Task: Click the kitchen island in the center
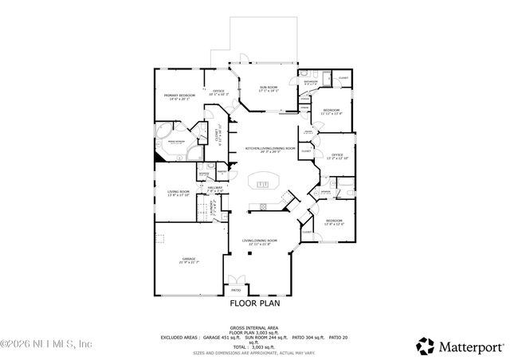pyautogui.click(x=264, y=183)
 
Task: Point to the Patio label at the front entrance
pyautogui.click(x=235, y=291)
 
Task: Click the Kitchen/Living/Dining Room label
pyautogui.click(x=270, y=149)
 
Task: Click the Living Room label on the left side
pyautogui.click(x=178, y=192)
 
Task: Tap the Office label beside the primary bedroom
pyautogui.click(x=218, y=92)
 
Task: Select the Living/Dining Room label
pyautogui.click(x=261, y=241)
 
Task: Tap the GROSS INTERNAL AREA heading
pyautogui.click(x=254, y=327)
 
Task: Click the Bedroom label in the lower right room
pyautogui.click(x=334, y=221)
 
